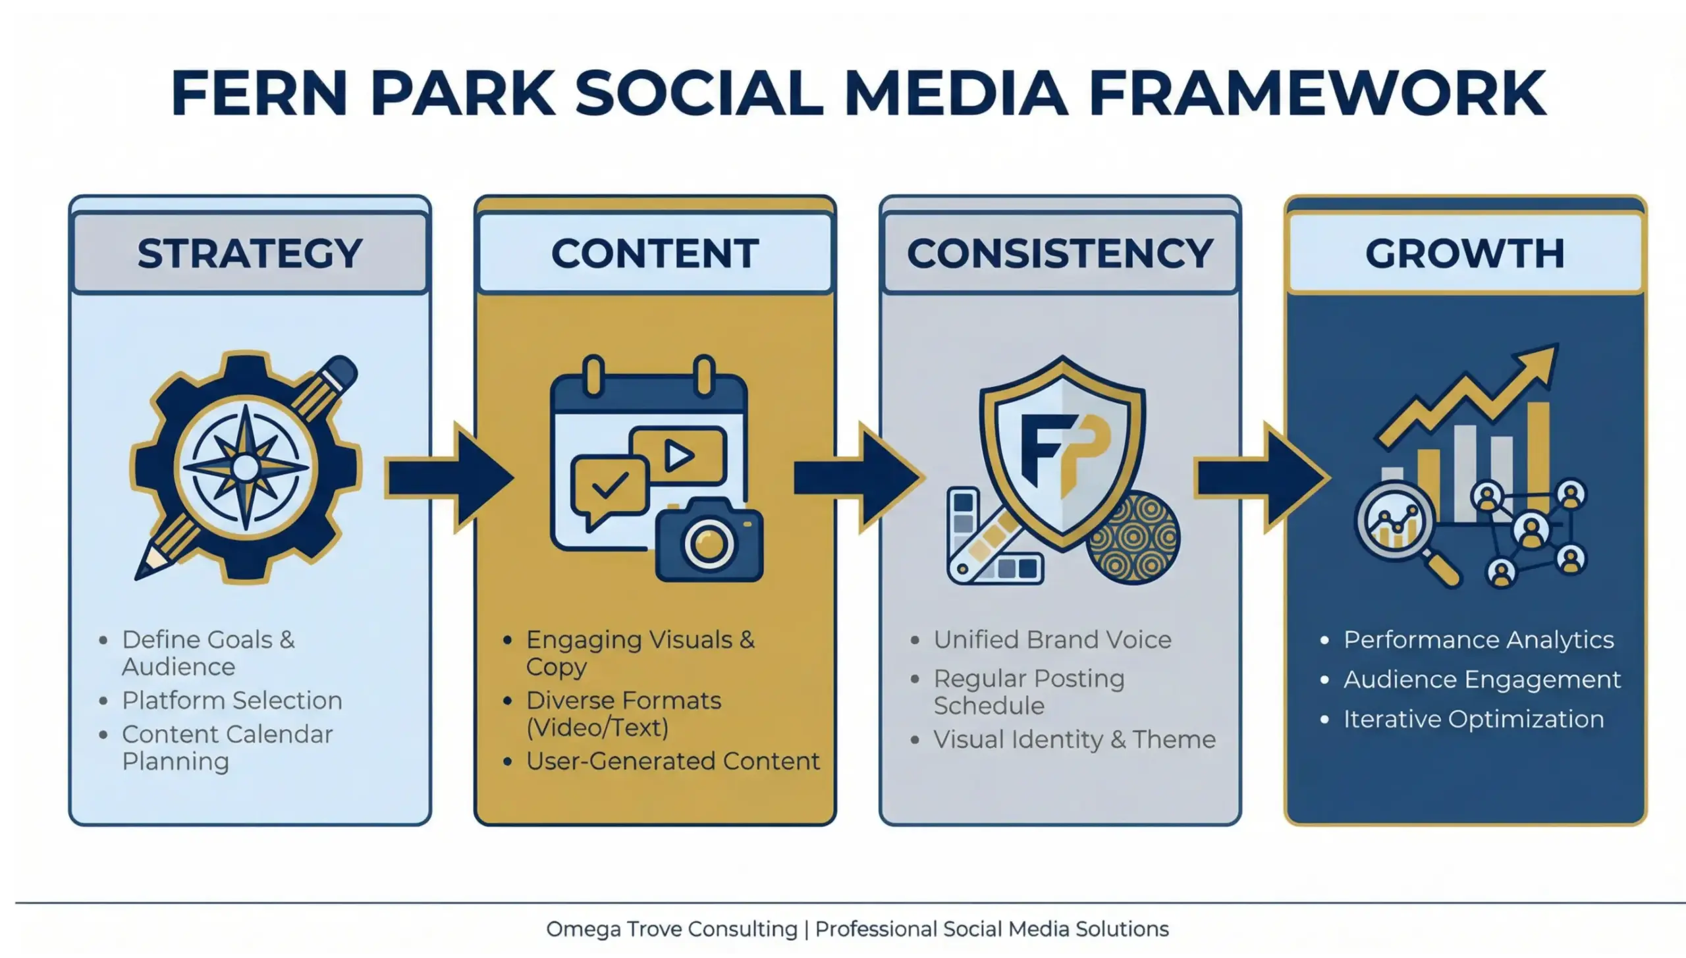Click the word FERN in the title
pos(258,93)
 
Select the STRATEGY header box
pos(250,253)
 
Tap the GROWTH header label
pos(1465,253)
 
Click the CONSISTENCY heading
pos(1060,253)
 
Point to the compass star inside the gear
pos(246,468)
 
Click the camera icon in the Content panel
pos(709,541)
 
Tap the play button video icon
pos(678,455)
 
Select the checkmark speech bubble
pos(609,488)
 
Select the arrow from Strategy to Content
pos(448,477)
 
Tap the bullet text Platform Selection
pos(232,701)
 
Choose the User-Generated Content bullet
pos(672,761)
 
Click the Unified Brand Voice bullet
pos(1052,640)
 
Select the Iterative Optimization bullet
pos(1473,719)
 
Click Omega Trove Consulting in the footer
pos(671,929)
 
